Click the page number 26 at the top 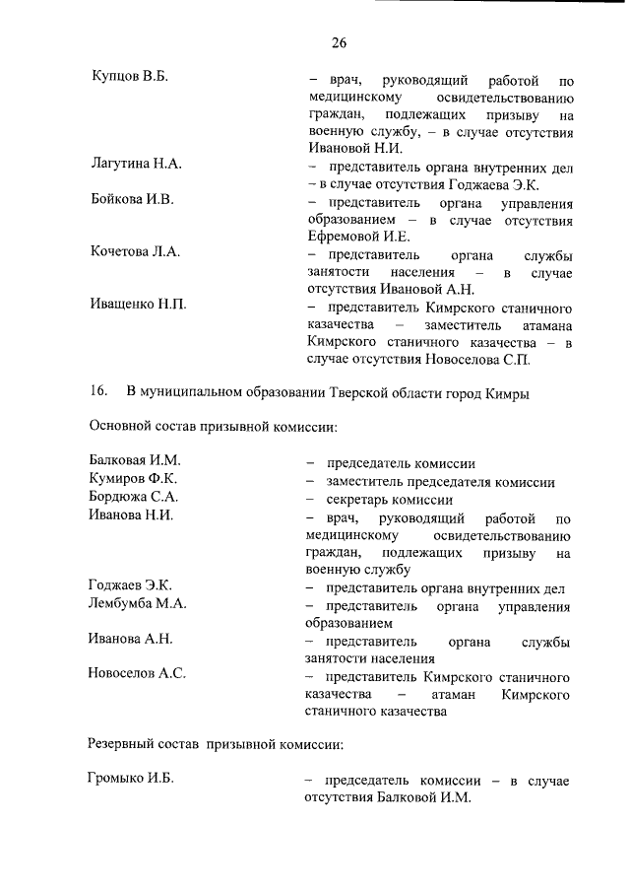click(x=340, y=42)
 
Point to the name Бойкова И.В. click(x=131, y=199)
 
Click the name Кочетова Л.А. click(x=134, y=251)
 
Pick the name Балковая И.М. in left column click(x=135, y=461)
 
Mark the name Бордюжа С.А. click(x=133, y=498)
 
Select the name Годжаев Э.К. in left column click(x=130, y=586)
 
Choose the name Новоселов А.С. click(x=137, y=674)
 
